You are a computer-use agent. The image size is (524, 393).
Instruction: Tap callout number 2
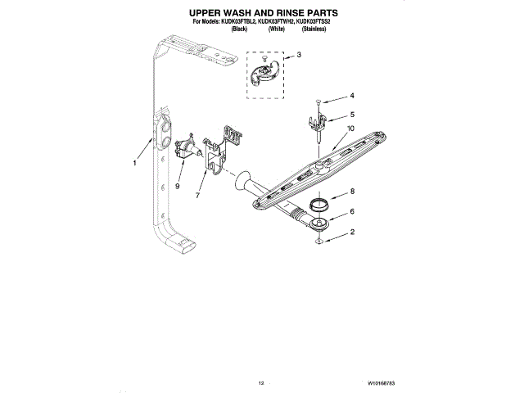[352, 232]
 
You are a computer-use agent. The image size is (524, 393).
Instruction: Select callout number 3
[299, 55]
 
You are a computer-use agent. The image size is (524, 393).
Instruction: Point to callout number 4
[352, 96]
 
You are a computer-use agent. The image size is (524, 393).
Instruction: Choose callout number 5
[352, 115]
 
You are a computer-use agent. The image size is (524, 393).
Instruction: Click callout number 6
[352, 211]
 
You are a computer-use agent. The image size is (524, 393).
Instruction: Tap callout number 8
[352, 192]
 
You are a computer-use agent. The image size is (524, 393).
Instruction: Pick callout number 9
[176, 185]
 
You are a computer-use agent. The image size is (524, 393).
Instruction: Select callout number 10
[350, 129]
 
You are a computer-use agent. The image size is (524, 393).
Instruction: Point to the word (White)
[276, 29]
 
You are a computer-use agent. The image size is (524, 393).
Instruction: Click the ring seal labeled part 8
[319, 202]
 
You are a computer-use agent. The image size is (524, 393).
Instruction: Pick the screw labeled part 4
[315, 104]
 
